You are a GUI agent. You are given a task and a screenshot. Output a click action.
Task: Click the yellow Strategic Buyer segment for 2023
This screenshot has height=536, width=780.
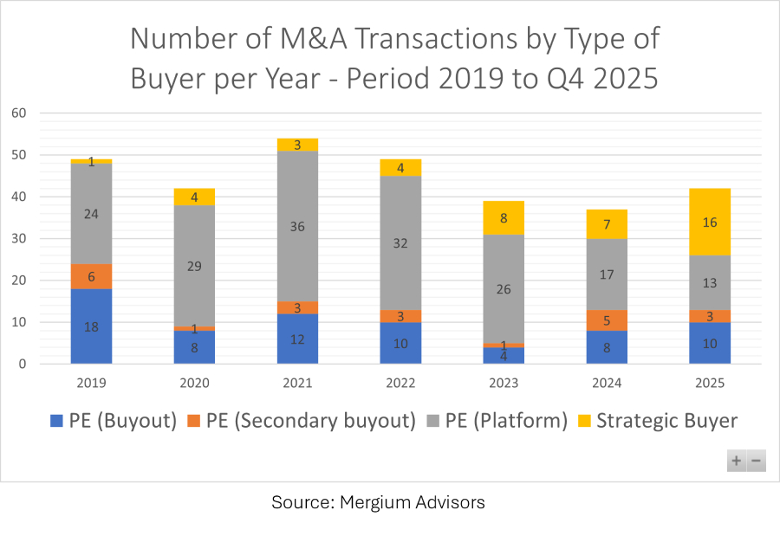click(504, 217)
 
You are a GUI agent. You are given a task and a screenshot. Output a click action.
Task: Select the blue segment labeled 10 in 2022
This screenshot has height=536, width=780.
click(400, 343)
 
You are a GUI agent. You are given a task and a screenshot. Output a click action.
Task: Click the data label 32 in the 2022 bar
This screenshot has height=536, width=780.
click(400, 243)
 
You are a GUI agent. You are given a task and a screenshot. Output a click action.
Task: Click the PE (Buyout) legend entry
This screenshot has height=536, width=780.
click(114, 421)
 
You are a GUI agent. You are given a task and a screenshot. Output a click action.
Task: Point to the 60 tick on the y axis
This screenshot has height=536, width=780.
click(19, 113)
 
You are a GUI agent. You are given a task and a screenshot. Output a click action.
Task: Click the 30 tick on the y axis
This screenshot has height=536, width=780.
click(19, 239)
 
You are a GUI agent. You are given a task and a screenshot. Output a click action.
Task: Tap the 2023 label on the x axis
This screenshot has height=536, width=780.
click(504, 381)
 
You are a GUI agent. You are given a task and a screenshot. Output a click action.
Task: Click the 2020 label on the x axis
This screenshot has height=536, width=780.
click(194, 381)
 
